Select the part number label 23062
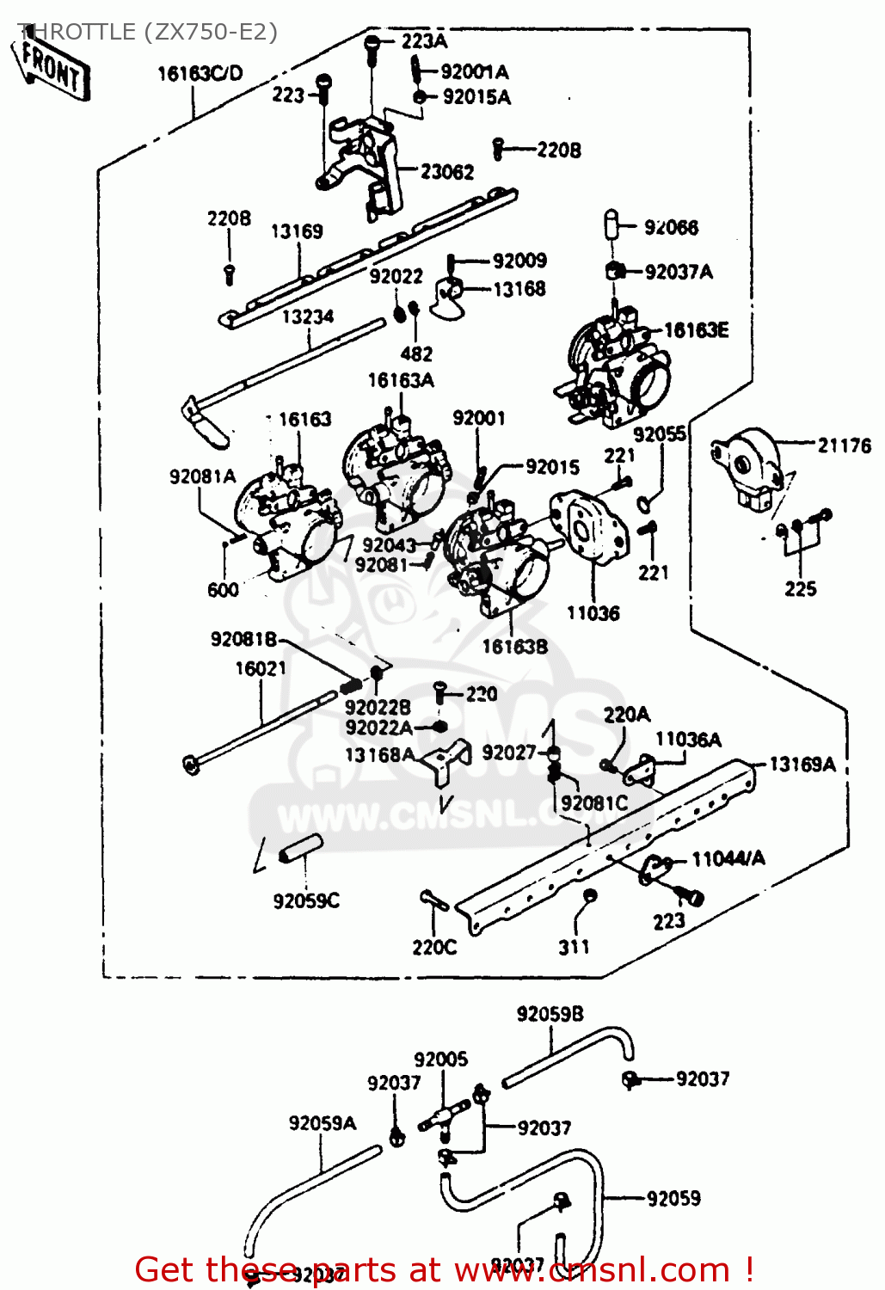tap(447, 172)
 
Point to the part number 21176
tap(844, 445)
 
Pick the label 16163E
tap(696, 330)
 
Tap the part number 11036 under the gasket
tap(593, 613)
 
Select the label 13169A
tap(802, 764)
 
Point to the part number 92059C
tap(306, 900)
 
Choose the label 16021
tap(261, 668)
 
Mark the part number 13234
tap(308, 317)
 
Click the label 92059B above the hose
tap(550, 1014)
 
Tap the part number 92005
tap(440, 1060)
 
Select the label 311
tap(574, 947)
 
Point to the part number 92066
tap(671, 227)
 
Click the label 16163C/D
tap(200, 74)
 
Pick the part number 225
tap(800, 589)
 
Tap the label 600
tap(223, 590)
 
